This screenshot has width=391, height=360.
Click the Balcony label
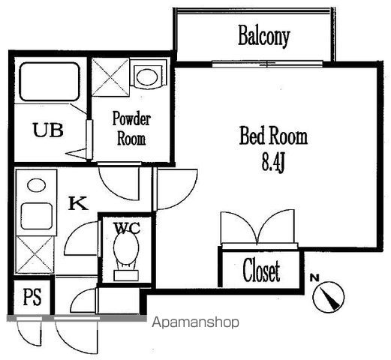point(264,36)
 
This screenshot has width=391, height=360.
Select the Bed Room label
point(273,136)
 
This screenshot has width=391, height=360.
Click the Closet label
point(261,271)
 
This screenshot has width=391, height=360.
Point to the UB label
point(48,130)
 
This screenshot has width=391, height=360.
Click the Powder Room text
point(131,128)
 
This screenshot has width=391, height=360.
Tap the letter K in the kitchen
point(78,203)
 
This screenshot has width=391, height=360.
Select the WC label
point(127,228)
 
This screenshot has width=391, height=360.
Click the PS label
point(32,297)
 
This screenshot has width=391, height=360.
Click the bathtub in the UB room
point(50,82)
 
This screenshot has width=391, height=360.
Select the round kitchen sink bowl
point(37,185)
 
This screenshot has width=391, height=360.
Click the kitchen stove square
point(37,216)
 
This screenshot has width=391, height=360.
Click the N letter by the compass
point(314,277)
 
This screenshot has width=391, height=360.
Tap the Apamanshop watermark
point(195,322)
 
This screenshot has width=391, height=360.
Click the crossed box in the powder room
point(110,77)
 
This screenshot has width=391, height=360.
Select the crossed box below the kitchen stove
point(35,254)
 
